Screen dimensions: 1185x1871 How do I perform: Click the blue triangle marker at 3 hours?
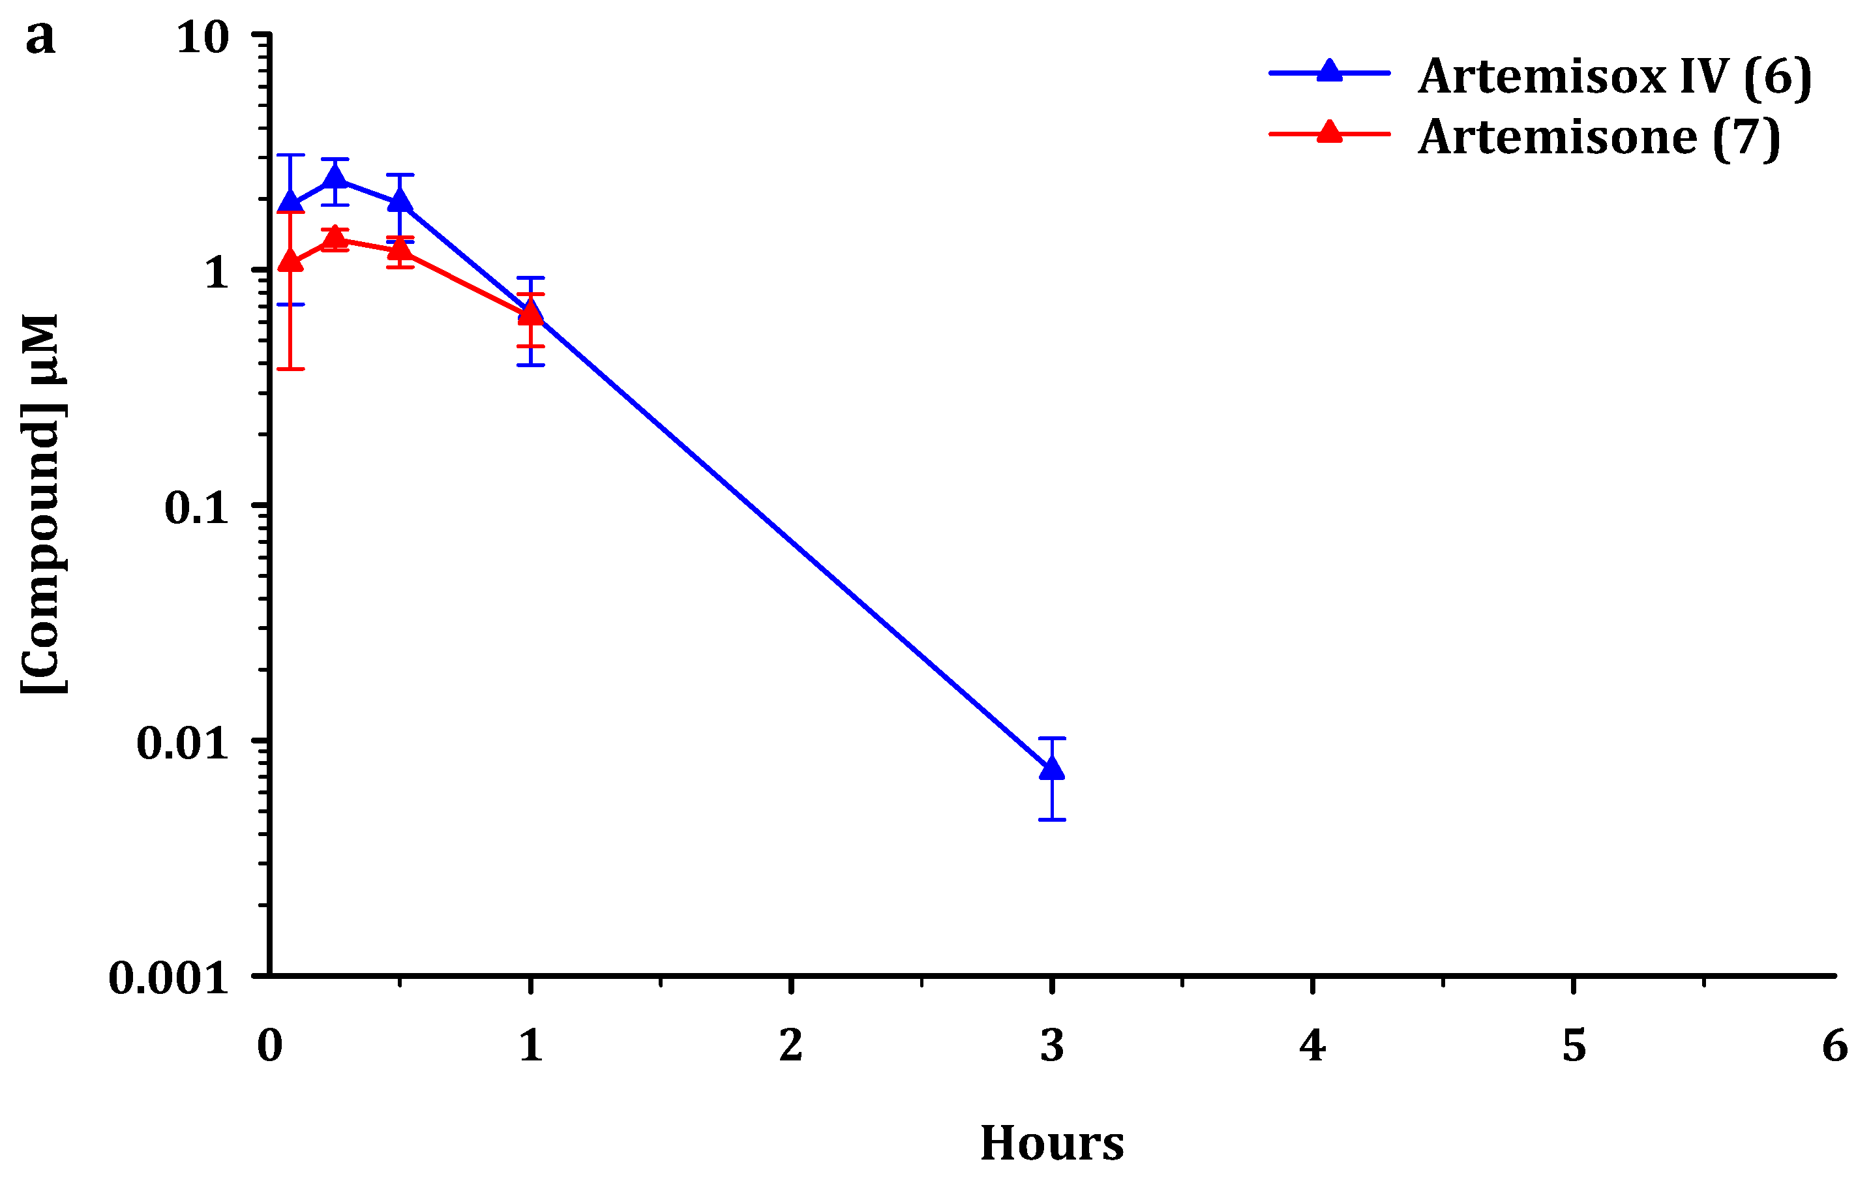[1051, 768]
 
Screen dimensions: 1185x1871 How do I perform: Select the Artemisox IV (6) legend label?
[1614, 77]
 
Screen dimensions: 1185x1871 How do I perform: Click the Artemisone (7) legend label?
[1598, 138]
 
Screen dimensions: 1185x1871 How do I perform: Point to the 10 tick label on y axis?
[203, 37]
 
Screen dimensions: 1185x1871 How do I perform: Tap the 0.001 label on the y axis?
[168, 978]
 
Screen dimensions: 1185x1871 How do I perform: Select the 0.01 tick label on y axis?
[183, 743]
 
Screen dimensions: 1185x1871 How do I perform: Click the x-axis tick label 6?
[1834, 1045]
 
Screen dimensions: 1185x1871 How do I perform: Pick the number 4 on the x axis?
[1312, 1045]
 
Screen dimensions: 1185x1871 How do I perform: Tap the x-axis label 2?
[791, 1045]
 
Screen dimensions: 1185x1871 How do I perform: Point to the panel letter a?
[40, 37]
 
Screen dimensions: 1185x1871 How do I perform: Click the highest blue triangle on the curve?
[335, 178]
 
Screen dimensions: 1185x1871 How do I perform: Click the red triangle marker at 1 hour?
[530, 313]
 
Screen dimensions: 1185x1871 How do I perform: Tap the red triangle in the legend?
[1330, 132]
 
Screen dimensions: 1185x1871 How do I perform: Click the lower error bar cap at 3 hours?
[1051, 820]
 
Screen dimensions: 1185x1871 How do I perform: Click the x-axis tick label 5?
[1574, 1045]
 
